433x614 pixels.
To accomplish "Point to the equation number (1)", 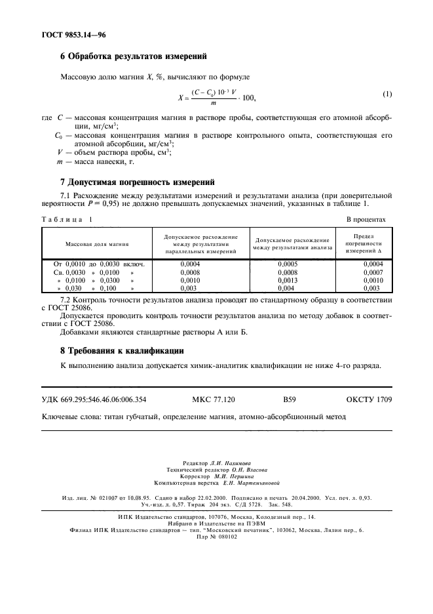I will pyautogui.click(x=387, y=94).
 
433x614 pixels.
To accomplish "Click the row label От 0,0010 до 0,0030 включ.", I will pyautogui.click(x=94, y=264).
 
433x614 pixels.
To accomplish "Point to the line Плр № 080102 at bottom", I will pyautogui.click(x=216, y=536).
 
